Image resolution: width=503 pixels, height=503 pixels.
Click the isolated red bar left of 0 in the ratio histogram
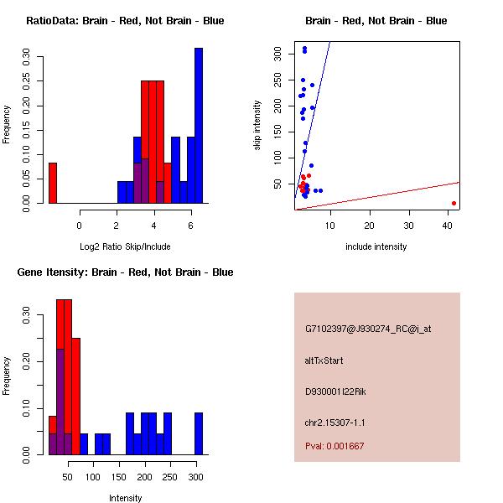click(53, 183)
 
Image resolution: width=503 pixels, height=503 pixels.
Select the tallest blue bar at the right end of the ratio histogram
click(199, 126)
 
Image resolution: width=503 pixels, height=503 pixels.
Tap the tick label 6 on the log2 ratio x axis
click(192, 226)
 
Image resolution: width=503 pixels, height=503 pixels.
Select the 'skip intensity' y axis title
click(257, 126)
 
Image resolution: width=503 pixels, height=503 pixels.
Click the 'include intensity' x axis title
click(376, 246)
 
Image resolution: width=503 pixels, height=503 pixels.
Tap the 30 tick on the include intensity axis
click(409, 226)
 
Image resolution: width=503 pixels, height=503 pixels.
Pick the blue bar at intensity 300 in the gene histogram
click(199, 433)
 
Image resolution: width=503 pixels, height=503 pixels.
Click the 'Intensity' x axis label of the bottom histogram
click(125, 498)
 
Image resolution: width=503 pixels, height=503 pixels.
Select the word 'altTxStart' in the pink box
click(324, 360)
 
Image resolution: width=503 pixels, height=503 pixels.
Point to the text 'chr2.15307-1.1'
click(335, 422)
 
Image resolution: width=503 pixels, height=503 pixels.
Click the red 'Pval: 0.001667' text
click(334, 446)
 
